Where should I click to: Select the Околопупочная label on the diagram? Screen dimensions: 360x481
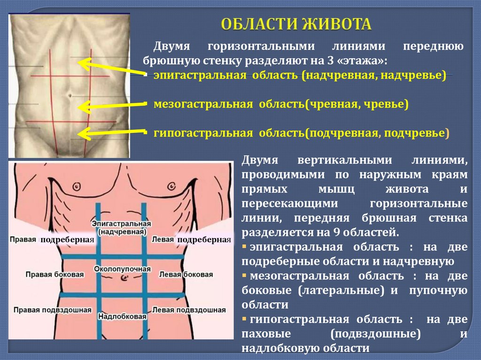(122, 269)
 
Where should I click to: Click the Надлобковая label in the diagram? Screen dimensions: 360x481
(123, 317)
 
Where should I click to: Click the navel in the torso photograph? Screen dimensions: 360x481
(69, 94)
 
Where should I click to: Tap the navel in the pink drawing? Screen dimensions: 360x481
(124, 278)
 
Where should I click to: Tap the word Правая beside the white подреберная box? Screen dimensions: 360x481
(23, 239)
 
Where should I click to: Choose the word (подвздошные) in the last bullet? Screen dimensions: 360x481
(375, 334)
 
